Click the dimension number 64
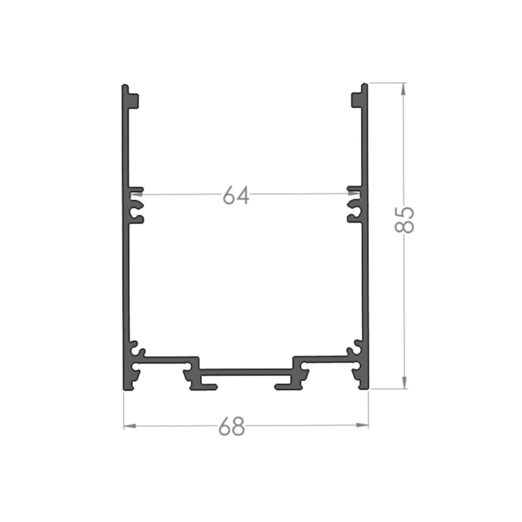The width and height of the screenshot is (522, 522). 236,195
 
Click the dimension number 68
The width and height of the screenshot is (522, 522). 232,426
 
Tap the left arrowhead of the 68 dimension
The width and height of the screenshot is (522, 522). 130,426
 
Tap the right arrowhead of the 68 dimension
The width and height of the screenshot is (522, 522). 362,425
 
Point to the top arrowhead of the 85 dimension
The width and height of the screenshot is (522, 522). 404,89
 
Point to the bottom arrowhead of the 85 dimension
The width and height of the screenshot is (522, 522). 404,382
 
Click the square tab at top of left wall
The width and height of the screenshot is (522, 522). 134,101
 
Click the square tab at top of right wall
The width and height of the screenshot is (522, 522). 357,100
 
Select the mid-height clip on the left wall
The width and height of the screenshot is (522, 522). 136,205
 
